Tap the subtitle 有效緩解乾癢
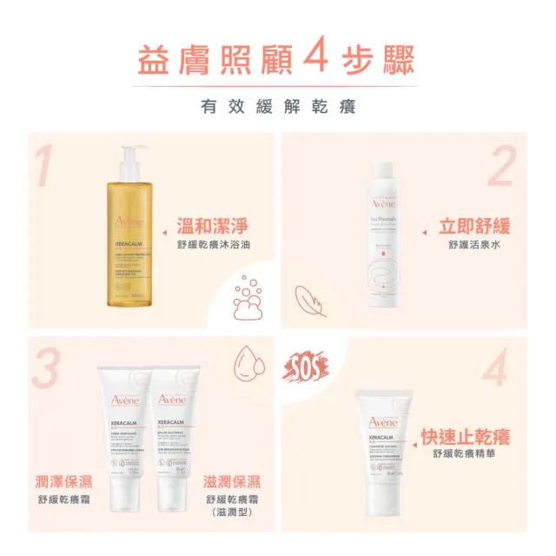click(278, 108)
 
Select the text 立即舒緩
click(473, 228)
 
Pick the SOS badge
click(307, 367)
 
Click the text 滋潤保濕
click(233, 480)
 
